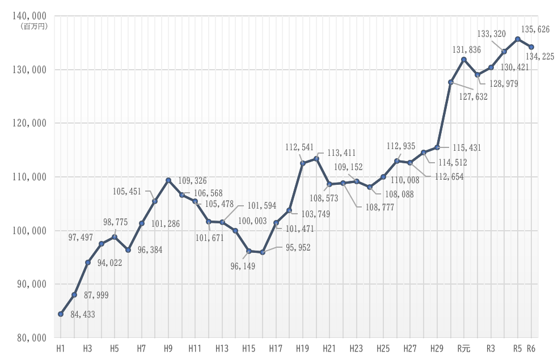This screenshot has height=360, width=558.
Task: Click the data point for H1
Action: click(x=61, y=314)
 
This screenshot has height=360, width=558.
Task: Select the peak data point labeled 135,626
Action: click(x=518, y=39)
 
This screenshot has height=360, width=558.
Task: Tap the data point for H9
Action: click(x=168, y=180)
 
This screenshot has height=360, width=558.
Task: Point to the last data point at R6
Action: click(x=531, y=47)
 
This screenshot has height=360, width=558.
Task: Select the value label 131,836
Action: click(x=466, y=50)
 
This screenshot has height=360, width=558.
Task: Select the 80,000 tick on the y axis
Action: click(x=29, y=338)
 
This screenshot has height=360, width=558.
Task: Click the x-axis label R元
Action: click(x=463, y=348)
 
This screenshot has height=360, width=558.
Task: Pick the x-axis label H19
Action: click(x=302, y=348)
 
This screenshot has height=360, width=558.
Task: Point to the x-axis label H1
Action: click(x=61, y=348)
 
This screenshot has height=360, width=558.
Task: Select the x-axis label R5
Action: click(x=518, y=348)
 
